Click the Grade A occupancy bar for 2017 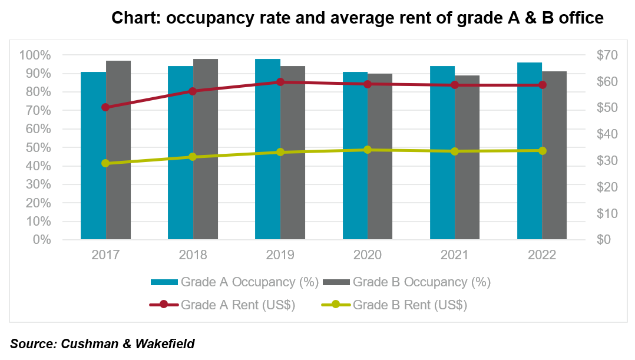(x=93, y=156)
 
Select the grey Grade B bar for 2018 (x=206, y=149)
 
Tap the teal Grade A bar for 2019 (x=267, y=149)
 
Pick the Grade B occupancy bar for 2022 (x=554, y=156)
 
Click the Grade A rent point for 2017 (x=105, y=107)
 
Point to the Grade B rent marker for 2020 (x=368, y=150)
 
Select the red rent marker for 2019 (x=280, y=82)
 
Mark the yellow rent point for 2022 (x=543, y=151)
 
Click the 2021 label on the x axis (x=454, y=255)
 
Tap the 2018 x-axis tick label (x=193, y=255)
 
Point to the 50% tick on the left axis (x=38, y=147)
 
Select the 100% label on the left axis (x=35, y=55)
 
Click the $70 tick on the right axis (x=607, y=55)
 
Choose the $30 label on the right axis (x=607, y=161)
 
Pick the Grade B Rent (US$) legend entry (x=395, y=305)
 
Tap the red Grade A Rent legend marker (x=164, y=305)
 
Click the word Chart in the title (x=136, y=18)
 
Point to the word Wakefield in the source (x=165, y=344)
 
